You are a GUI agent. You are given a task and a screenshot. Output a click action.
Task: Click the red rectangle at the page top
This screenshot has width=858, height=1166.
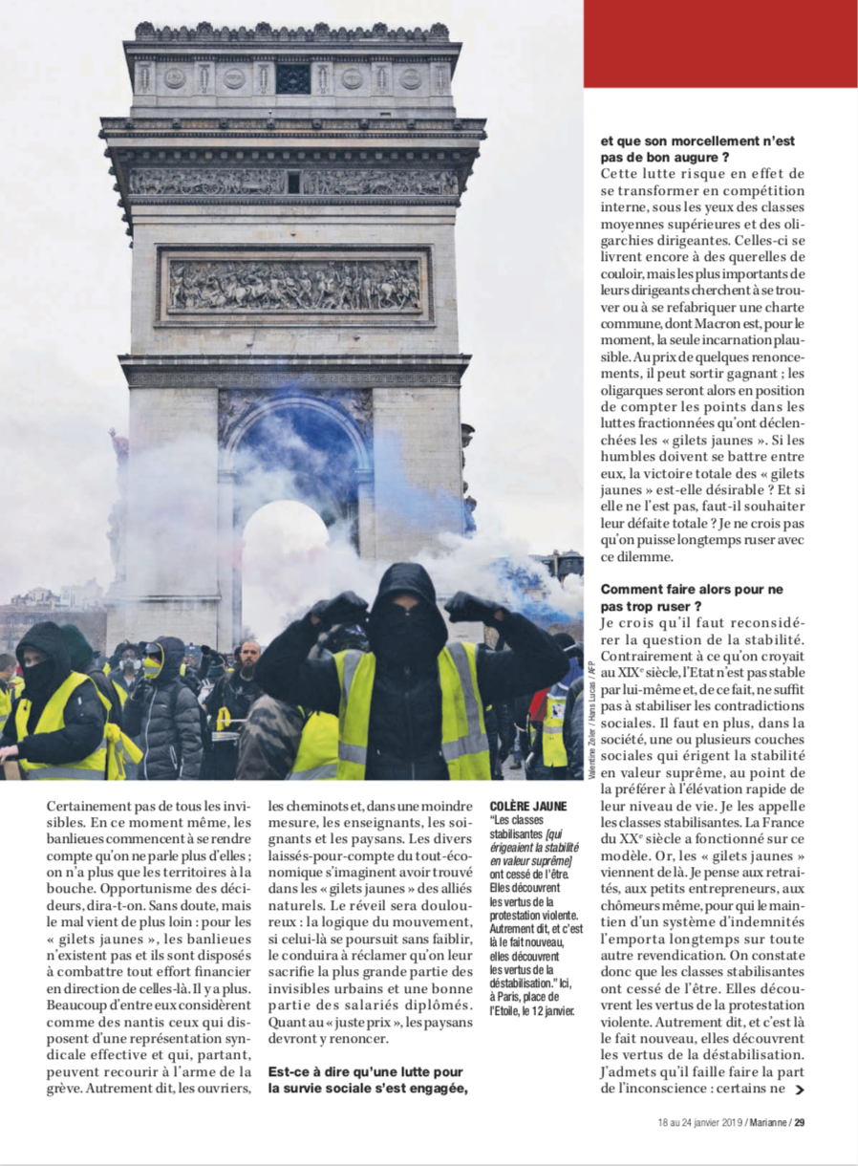tap(719, 43)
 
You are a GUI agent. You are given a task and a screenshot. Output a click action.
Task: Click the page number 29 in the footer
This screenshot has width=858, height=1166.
tap(800, 1122)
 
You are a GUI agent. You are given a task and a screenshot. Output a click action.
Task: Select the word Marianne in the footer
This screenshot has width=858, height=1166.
tap(764, 1122)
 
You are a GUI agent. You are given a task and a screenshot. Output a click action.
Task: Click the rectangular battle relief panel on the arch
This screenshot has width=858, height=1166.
tap(294, 285)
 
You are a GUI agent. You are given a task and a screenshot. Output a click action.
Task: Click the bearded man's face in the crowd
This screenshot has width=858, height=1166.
tap(248, 658)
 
